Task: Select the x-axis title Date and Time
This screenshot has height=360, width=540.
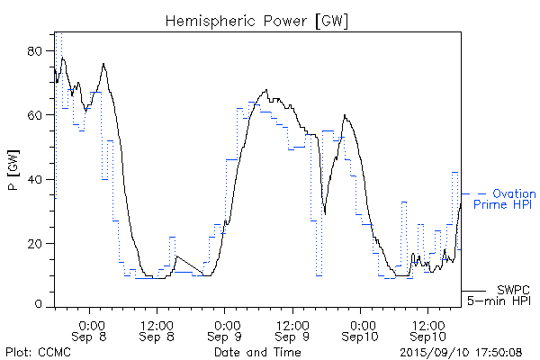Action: [257, 352]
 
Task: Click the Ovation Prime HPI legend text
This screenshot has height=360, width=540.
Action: [505, 199]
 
